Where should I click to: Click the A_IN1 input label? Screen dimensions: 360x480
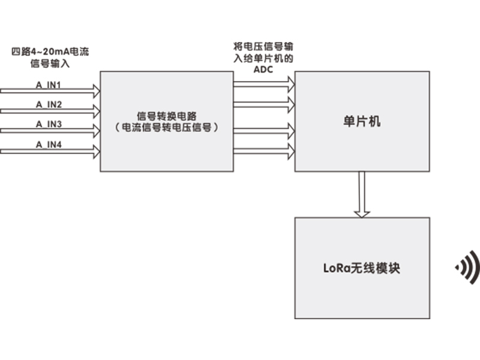49,85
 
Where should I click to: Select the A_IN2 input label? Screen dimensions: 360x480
49,104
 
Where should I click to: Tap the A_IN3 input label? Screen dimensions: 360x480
49,124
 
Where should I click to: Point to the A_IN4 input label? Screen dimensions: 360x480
49,144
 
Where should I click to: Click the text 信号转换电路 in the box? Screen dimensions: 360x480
166,116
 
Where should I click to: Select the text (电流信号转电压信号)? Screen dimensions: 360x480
166,128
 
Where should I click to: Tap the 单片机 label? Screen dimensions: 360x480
362,122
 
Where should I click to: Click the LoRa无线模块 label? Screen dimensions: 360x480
362,268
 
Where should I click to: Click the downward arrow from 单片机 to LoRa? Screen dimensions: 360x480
362,194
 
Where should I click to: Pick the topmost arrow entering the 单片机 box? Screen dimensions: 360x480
264,83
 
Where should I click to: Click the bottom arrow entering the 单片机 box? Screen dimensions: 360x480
264,150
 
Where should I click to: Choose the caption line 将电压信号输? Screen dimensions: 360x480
263,46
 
